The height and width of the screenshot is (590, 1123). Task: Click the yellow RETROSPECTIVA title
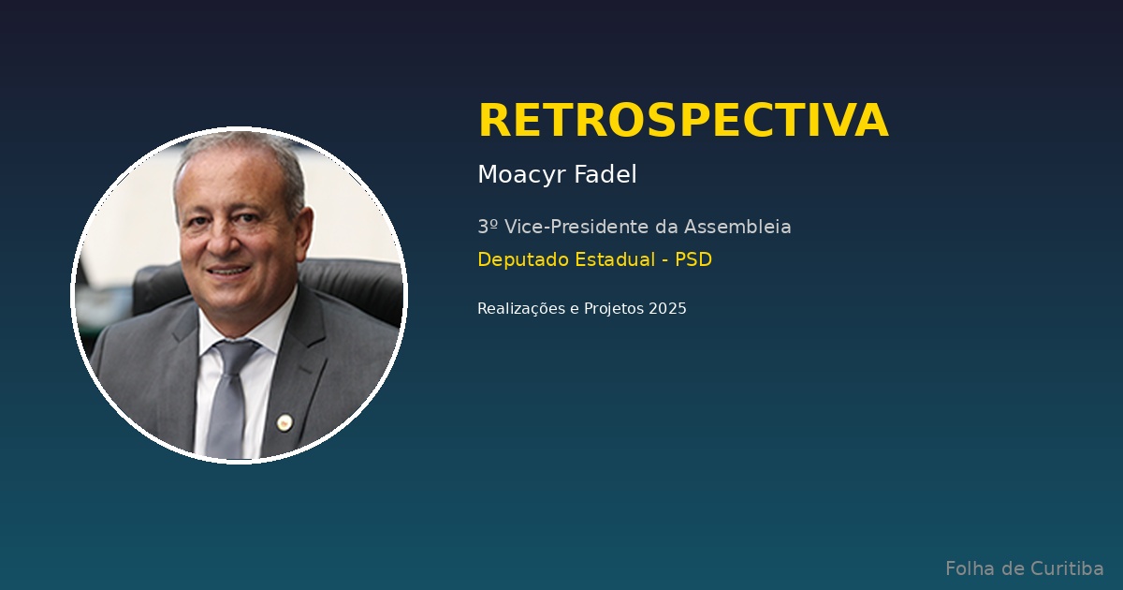tap(683, 120)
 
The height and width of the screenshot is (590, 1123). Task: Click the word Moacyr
tap(522, 175)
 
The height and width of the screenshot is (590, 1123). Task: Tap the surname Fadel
tap(605, 174)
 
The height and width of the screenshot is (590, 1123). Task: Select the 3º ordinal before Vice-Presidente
tap(488, 227)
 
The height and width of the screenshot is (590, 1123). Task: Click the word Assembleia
tap(737, 227)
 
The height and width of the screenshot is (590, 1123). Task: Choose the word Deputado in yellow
tap(523, 260)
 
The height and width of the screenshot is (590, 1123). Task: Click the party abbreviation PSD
tap(693, 259)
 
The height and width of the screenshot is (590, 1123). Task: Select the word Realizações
tap(521, 308)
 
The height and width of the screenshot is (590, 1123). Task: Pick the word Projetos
tap(614, 308)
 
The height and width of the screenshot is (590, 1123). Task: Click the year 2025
tap(667, 308)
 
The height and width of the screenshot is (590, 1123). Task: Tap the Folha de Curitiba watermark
tap(1024, 569)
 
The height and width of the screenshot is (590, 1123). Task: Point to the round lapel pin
tap(284, 422)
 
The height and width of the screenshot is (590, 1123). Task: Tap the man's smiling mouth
tap(228, 271)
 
